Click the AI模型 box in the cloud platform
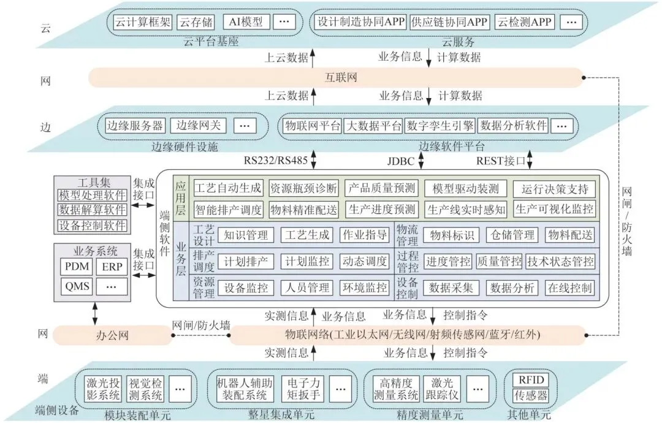(x=246, y=21)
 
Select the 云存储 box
(x=196, y=22)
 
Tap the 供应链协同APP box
(x=449, y=22)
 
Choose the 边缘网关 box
(x=196, y=126)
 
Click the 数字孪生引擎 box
(x=440, y=126)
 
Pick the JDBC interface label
(x=401, y=162)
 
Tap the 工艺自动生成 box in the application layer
(x=228, y=188)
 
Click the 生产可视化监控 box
(x=554, y=209)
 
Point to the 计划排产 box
(x=246, y=262)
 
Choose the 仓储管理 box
(x=512, y=235)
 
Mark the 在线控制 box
(x=569, y=288)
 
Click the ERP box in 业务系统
(x=112, y=267)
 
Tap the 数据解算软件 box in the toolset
(x=92, y=210)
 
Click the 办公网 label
(x=111, y=335)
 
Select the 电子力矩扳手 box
(x=303, y=387)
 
